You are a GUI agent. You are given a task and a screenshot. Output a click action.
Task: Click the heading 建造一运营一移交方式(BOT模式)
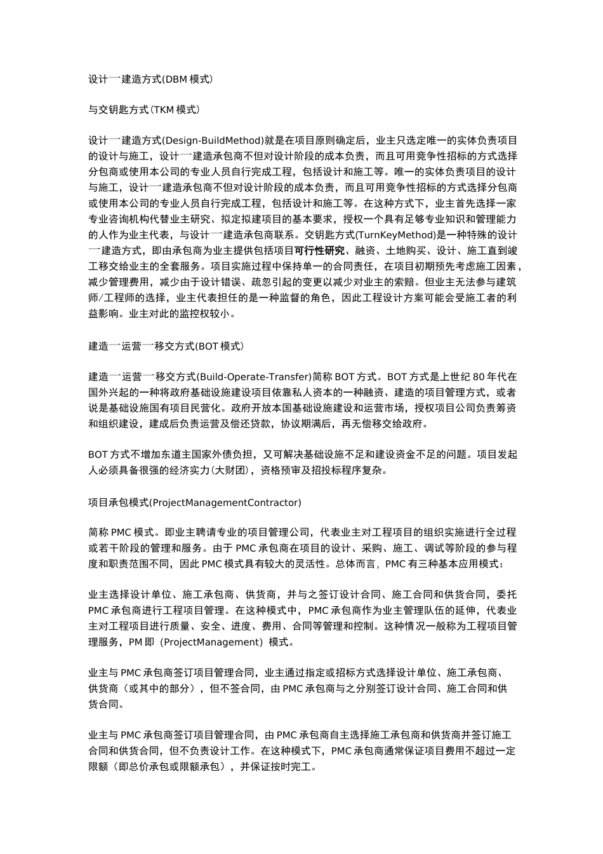pos(166,346)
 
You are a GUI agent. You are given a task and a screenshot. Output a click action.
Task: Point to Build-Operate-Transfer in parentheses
pos(255,377)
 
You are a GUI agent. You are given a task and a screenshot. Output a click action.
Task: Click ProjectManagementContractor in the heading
pos(225,503)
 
